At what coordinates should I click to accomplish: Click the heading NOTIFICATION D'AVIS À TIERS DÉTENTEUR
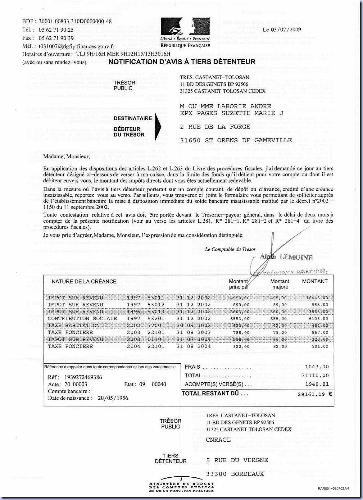point(182,62)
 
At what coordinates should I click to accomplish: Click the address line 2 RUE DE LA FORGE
point(215,127)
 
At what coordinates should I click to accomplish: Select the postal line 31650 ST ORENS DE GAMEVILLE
point(236,140)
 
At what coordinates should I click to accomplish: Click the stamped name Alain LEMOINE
point(286,257)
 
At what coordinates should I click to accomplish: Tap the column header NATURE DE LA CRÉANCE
point(84,282)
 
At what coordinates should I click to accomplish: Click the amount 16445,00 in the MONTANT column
point(317,298)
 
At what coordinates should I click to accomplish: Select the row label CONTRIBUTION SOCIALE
point(82,319)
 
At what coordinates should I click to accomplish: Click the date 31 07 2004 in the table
point(193,339)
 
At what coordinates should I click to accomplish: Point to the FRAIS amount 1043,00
point(317,367)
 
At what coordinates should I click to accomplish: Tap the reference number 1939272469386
point(83,377)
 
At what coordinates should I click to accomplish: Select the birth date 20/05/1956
point(113,398)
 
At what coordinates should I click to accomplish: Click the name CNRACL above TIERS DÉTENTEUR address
point(218,440)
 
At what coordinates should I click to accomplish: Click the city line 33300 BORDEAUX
point(235,474)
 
